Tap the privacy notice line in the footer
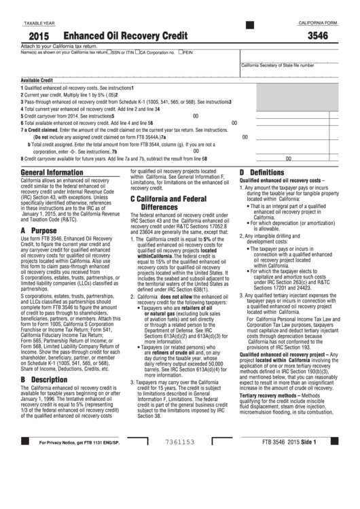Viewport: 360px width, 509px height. point(73,480)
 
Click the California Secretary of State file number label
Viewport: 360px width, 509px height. point(277,65)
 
